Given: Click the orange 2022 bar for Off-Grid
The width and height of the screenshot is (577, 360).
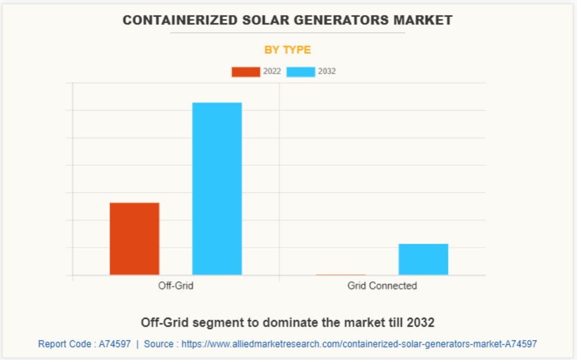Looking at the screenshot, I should (x=134, y=238).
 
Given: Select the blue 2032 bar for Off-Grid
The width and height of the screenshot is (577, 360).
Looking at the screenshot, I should (x=217, y=188).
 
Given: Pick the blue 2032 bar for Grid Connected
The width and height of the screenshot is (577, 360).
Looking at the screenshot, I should (x=423, y=259).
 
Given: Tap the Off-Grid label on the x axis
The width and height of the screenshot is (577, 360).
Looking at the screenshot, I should (x=176, y=286).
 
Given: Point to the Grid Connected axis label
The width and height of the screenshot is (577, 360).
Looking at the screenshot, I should (x=382, y=286).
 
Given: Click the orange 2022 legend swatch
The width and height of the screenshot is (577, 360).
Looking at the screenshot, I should (x=246, y=72).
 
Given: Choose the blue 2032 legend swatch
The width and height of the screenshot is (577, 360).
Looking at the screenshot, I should (x=301, y=72).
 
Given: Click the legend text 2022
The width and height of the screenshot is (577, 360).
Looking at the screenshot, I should (x=272, y=72).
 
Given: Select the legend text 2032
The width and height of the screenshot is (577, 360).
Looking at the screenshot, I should (x=327, y=72).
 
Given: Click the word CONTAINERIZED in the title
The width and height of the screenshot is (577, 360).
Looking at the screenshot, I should (x=172, y=20).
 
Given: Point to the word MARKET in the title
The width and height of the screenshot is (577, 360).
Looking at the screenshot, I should (x=423, y=20).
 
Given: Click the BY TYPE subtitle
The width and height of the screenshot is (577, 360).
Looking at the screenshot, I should (x=288, y=50).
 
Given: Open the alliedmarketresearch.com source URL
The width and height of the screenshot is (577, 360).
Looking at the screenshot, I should (x=359, y=344).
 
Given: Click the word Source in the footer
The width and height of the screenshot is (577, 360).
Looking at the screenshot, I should (x=158, y=344).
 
